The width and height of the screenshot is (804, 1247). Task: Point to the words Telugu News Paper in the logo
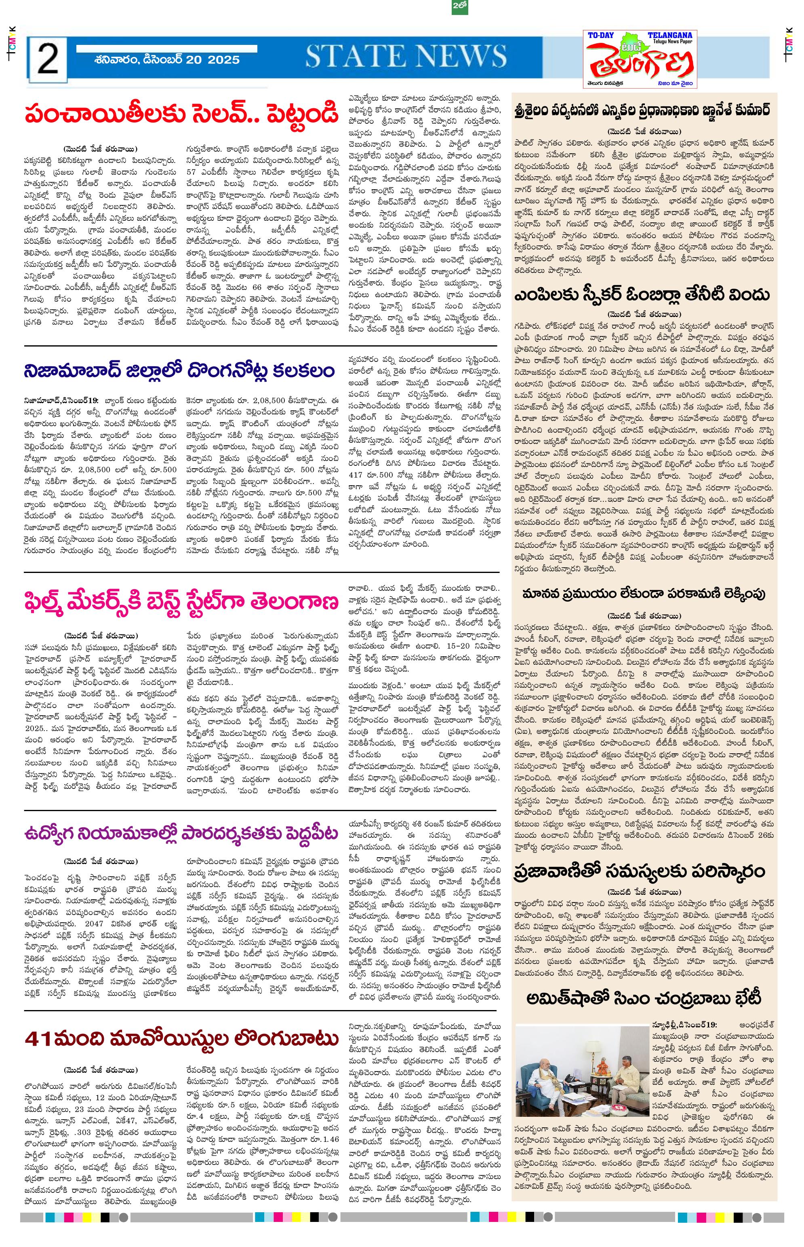[670, 42]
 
